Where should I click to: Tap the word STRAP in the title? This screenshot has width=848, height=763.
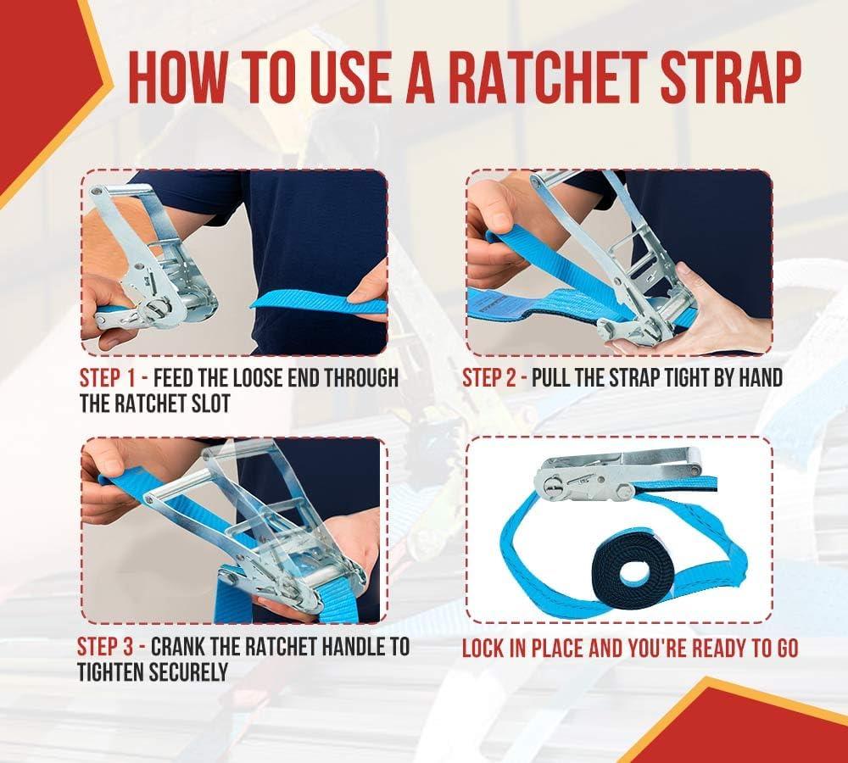point(731,77)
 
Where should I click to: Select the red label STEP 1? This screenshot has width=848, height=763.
point(107,378)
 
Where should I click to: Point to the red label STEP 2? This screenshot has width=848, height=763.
point(489,378)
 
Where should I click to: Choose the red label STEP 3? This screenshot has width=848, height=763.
point(104,647)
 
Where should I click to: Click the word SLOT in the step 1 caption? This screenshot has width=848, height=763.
point(210,404)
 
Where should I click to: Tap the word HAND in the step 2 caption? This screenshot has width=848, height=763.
point(761,378)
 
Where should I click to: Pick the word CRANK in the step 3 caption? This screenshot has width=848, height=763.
point(177,647)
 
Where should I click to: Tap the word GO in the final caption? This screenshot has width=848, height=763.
point(788,649)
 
